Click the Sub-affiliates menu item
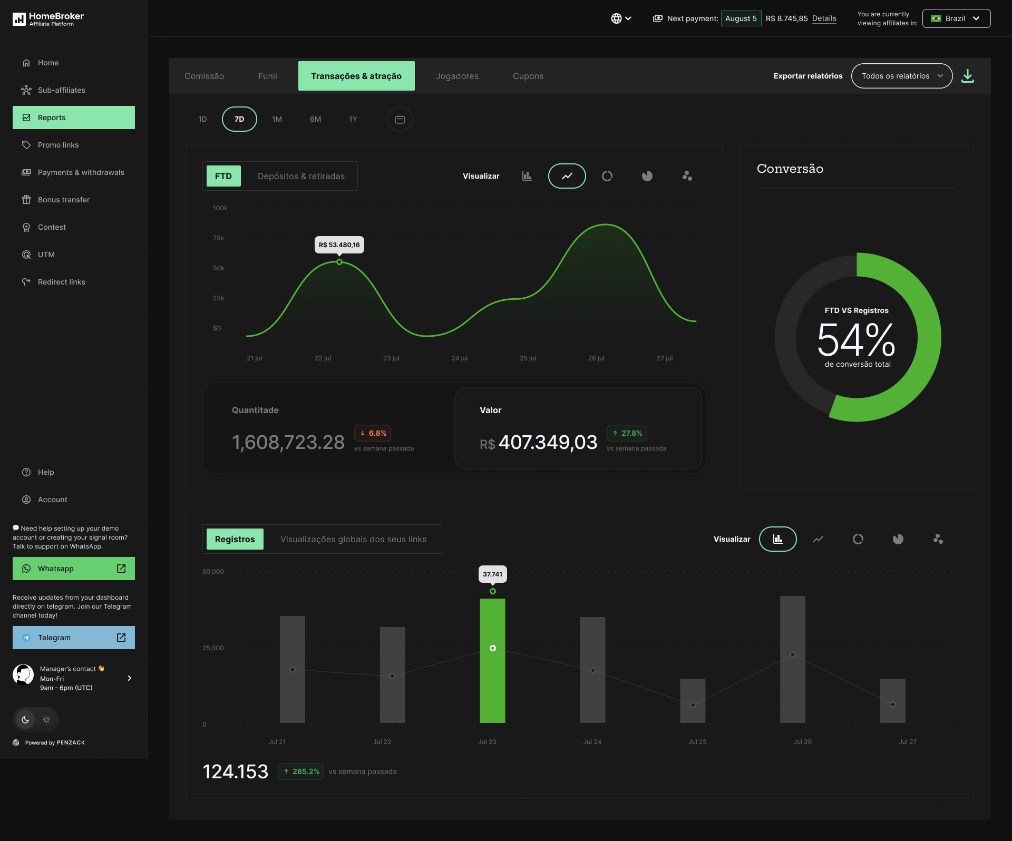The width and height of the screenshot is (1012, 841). [61, 90]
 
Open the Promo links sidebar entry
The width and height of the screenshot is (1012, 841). [58, 145]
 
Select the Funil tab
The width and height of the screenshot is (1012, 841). [267, 76]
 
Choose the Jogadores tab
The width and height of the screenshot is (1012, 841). [457, 76]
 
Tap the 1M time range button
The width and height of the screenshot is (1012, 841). [277, 119]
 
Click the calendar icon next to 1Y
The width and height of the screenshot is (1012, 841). [400, 119]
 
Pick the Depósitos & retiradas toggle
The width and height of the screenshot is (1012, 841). [301, 176]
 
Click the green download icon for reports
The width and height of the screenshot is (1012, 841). [968, 76]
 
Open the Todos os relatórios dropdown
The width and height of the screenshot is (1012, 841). [901, 76]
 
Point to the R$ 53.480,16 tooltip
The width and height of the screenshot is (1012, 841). [339, 245]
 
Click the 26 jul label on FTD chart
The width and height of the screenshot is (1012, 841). [596, 358]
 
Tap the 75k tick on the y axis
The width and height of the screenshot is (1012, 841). [218, 238]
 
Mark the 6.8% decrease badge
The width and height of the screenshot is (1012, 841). [373, 433]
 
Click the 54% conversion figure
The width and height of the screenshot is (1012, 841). [856, 340]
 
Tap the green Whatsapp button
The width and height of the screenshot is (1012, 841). [74, 569]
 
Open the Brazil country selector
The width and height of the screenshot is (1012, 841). [956, 18]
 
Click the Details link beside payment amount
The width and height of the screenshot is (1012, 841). [824, 18]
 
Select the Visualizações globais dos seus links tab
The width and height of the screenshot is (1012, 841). [353, 539]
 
